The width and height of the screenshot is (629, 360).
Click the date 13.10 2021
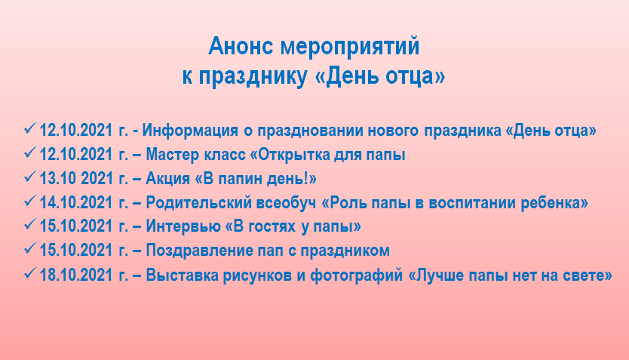[x=76, y=179]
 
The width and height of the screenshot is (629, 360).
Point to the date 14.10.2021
[x=76, y=203]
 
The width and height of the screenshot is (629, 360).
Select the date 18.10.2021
[x=76, y=275]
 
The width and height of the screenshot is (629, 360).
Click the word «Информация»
[x=190, y=131]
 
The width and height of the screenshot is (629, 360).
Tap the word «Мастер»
[x=173, y=155]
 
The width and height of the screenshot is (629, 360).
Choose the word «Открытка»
[x=290, y=155]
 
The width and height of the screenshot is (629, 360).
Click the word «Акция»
[x=167, y=179]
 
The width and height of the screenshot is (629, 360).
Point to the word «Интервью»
[x=183, y=226]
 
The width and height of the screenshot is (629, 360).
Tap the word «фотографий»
[x=356, y=275]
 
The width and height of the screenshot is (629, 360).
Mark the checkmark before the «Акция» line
[x=30, y=177]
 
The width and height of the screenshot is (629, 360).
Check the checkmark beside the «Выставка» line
[x=30, y=273]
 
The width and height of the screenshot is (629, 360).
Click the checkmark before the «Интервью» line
[x=30, y=224]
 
